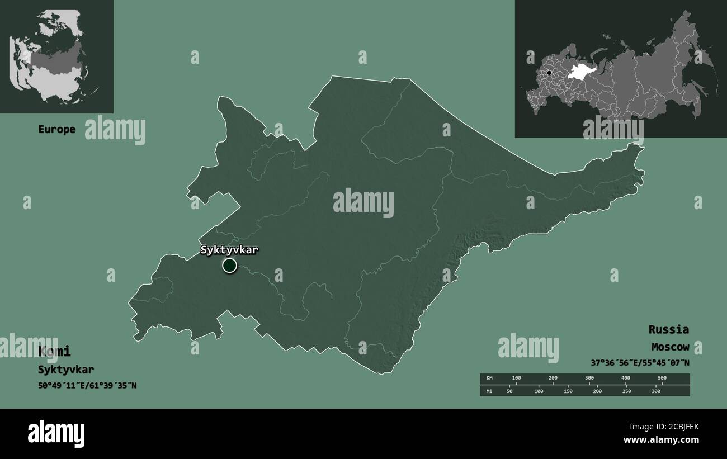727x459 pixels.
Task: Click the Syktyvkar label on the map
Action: [229, 250]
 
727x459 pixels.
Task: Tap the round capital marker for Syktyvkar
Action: [229, 266]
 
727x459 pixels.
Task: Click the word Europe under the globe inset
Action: [56, 129]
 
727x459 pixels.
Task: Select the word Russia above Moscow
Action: [668, 329]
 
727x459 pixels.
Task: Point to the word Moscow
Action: [669, 347]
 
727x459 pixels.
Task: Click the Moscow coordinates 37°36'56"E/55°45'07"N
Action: [640, 362]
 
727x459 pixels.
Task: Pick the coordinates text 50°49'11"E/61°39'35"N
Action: [87, 385]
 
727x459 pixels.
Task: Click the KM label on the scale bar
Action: [489, 378]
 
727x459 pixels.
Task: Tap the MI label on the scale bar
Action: [489, 391]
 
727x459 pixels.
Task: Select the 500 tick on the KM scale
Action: [662, 378]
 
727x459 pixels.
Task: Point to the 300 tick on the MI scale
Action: [656, 391]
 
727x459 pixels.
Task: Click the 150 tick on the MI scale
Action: [568, 391]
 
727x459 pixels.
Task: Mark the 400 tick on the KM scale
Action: [625, 378]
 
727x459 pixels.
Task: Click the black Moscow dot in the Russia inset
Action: [549, 73]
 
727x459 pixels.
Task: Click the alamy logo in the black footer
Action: [56, 433]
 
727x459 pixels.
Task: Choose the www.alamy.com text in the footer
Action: [662, 440]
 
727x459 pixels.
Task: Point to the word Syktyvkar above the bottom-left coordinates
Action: [66, 370]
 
